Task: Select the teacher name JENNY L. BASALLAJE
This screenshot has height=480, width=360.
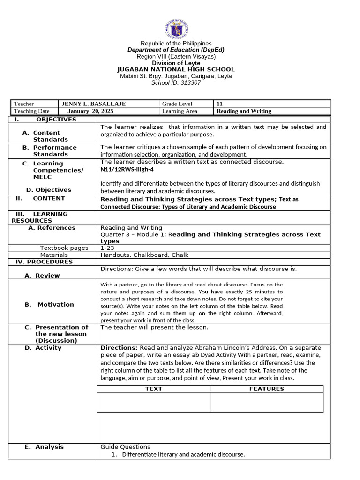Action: tap(93, 104)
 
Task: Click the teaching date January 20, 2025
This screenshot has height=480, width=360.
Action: tap(90, 111)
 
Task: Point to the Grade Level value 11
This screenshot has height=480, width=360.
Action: tap(219, 104)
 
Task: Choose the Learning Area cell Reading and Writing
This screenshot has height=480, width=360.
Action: tap(244, 111)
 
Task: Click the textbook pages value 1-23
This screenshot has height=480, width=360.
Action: tap(107, 247)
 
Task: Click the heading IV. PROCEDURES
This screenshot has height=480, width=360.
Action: tap(42, 262)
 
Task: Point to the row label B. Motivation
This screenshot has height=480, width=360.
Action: tap(49, 304)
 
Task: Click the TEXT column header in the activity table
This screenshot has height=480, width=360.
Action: tap(154, 389)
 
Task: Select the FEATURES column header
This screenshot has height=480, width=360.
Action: tap(266, 389)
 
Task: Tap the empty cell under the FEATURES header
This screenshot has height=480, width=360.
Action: tap(266, 402)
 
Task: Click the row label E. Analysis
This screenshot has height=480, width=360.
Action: tap(44, 447)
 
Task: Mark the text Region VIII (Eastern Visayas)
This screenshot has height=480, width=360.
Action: tap(176, 56)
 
